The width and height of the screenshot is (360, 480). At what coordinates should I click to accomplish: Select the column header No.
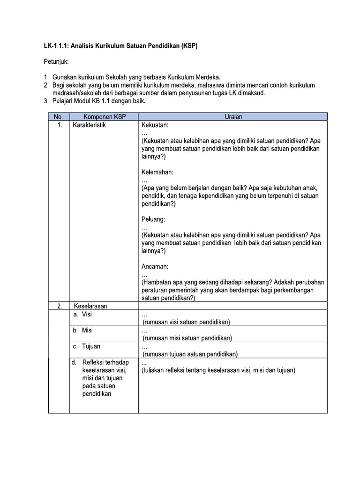(59, 117)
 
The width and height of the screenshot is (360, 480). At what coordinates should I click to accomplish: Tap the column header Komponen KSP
(105, 117)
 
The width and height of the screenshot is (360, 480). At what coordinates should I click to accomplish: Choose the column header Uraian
(232, 117)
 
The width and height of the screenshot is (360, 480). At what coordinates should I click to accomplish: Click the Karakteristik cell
(90, 126)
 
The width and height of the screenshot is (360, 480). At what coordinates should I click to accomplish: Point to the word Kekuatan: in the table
(155, 126)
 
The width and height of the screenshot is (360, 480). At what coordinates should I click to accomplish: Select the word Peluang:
(153, 219)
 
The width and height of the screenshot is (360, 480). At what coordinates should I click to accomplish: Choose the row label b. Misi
(83, 330)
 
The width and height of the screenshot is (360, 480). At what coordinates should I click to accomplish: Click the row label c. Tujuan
(86, 346)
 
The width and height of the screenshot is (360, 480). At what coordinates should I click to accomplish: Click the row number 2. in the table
(60, 307)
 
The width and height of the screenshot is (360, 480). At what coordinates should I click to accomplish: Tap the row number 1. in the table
(60, 126)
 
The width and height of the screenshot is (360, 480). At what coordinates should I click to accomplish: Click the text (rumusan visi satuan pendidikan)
(186, 322)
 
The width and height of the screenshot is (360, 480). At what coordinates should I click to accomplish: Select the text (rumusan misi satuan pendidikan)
(187, 338)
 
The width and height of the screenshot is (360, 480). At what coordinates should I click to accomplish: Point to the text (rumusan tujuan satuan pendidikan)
(190, 354)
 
